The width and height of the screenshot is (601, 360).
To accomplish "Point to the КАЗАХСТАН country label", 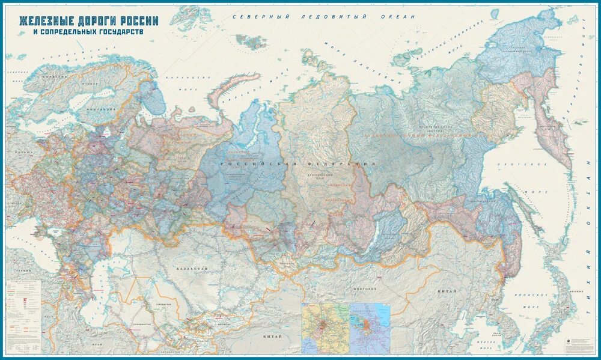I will pos(192,269).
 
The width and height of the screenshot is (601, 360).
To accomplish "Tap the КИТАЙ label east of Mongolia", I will pos(447,291).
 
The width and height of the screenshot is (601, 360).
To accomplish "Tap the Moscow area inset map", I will pos(325,328).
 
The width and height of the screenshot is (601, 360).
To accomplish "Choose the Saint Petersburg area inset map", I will pos(370,328).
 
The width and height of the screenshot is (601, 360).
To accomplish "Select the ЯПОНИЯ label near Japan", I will pos(578,290).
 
